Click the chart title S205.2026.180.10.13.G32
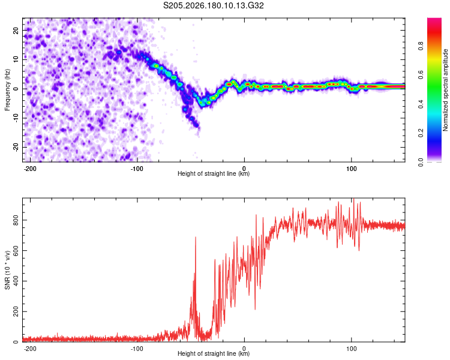tap(213, 5)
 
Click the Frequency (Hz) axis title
tap(7, 89)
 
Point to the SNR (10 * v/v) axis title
tap(7, 270)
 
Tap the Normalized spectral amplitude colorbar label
tap(445, 89)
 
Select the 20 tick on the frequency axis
tap(16, 31)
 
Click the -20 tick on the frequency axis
tap(16, 148)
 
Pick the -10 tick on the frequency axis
tap(16, 118)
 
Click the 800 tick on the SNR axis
tap(16, 220)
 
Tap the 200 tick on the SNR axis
tap(16, 311)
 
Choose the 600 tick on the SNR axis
tap(16, 251)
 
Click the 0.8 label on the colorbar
tap(421, 46)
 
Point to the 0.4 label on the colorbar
tap(421, 104)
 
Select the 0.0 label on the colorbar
tap(421, 163)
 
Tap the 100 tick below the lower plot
tap(351, 349)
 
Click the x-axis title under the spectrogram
tap(214, 173)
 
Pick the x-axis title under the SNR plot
tap(214, 353)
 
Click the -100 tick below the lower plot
tap(137, 349)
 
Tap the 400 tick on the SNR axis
tap(16, 281)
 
